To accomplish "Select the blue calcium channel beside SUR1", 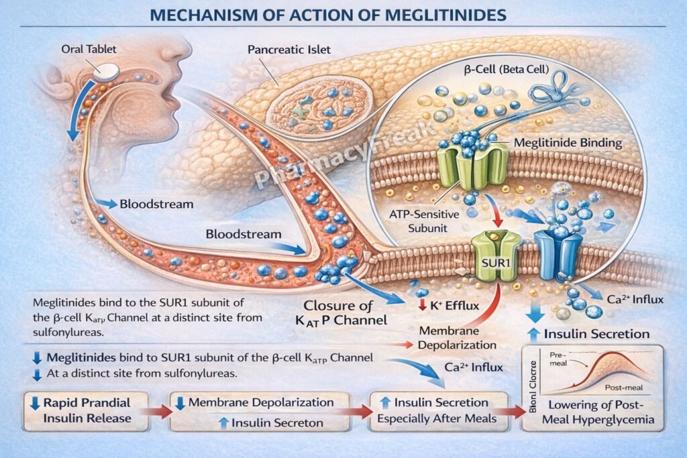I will click(x=558, y=254).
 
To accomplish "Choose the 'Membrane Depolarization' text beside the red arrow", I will click(x=458, y=338).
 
